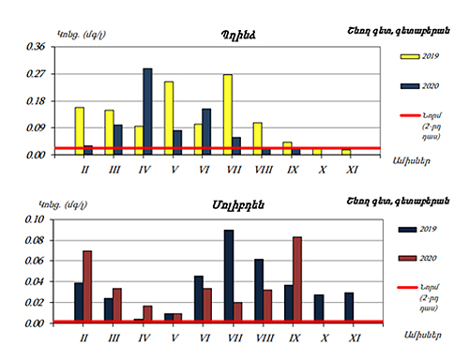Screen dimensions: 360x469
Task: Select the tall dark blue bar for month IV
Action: pos(147,111)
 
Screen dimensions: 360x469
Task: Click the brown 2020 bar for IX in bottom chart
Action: pos(297,279)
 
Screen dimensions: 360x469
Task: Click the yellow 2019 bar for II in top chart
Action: pos(80,130)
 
